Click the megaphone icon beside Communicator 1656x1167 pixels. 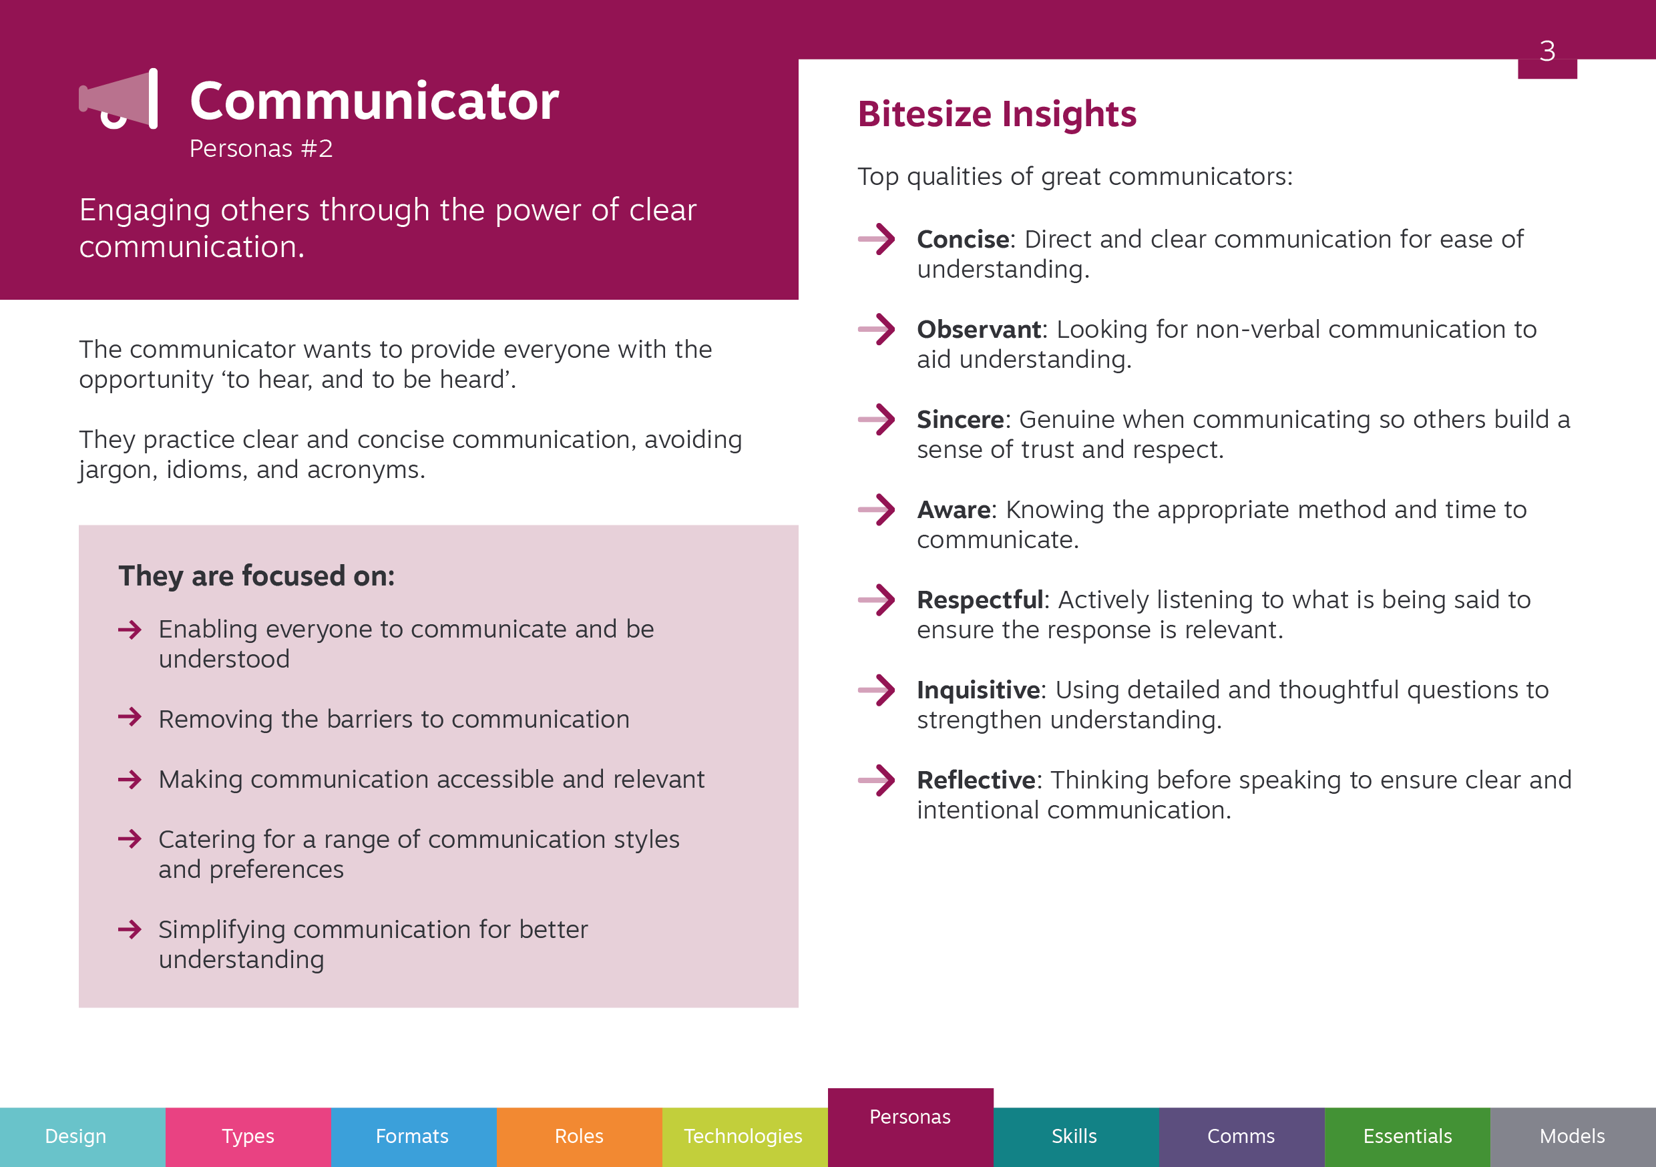coord(118,99)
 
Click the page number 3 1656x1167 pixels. coord(1547,51)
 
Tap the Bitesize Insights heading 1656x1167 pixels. coord(997,115)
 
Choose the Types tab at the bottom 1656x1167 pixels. coord(248,1137)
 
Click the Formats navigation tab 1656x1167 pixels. coord(414,1137)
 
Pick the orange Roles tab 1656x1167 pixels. coord(579,1137)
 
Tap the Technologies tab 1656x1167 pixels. coord(745,1137)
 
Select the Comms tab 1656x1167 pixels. coord(1242,1137)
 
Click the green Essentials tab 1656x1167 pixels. coord(1407,1137)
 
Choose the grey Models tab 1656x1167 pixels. coord(1573,1137)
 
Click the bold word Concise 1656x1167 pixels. coord(963,240)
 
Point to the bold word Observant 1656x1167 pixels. coord(979,330)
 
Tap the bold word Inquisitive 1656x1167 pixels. coord(978,690)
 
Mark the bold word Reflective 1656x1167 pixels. coord(976,780)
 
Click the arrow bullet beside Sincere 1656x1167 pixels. coord(876,419)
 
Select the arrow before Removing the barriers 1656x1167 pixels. coord(130,717)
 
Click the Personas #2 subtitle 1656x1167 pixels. coord(261,149)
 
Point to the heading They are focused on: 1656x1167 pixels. coord(257,576)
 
